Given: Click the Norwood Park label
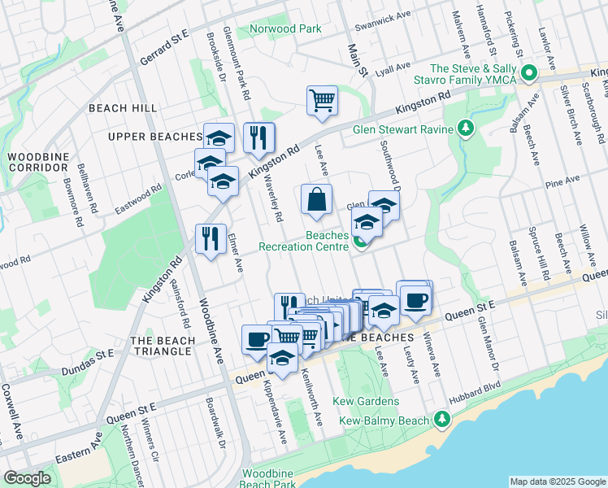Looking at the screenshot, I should [286, 28].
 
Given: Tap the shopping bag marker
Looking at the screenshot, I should [316, 199].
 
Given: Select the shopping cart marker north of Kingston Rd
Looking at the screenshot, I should [322, 101].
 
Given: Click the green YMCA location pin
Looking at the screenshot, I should [530, 74].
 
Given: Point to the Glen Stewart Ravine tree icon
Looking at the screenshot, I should [465, 128].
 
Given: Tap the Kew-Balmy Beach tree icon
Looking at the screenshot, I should [441, 419].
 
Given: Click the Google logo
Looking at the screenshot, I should [27, 478].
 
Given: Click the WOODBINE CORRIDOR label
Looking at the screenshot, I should [37, 161].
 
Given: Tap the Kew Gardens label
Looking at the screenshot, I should [370, 402].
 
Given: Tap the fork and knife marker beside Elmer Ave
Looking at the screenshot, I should [211, 239].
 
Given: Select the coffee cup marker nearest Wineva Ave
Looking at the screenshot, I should [415, 299].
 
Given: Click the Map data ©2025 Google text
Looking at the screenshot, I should [557, 481].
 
